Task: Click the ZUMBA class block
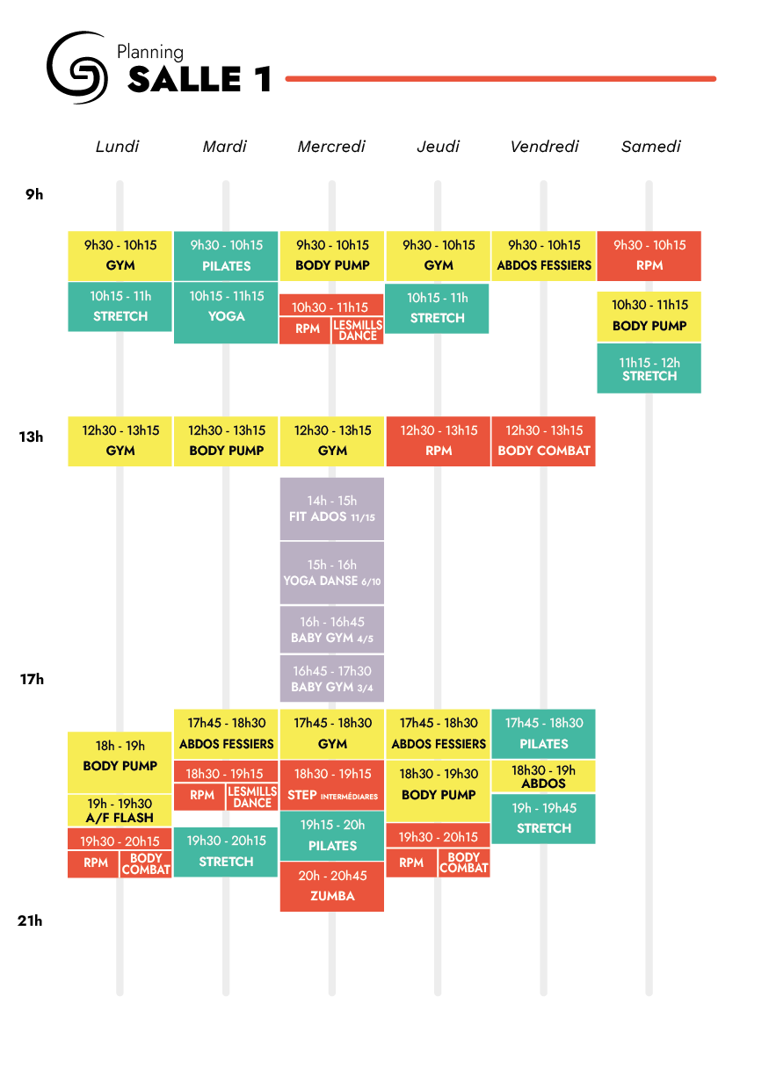click(x=331, y=886)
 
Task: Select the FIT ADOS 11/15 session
click(x=331, y=509)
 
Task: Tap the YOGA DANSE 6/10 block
click(x=331, y=573)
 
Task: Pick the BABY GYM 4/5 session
click(x=331, y=630)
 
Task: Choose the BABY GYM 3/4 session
click(x=331, y=679)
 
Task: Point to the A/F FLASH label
click(x=120, y=818)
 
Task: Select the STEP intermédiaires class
click(x=331, y=785)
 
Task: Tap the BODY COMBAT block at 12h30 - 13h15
click(x=543, y=441)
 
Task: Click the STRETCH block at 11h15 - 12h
click(x=649, y=369)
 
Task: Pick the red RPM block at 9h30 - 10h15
click(x=649, y=256)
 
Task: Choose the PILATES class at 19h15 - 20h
click(x=331, y=836)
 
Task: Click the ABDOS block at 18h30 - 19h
click(x=543, y=776)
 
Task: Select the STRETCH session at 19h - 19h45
click(x=543, y=819)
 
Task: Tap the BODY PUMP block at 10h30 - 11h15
click(x=649, y=316)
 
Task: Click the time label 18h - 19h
click(x=120, y=746)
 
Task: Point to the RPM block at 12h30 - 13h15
click(x=438, y=441)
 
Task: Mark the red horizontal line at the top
click(x=500, y=79)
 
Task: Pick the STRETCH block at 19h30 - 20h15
click(x=226, y=852)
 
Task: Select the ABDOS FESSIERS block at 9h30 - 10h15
click(x=543, y=256)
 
